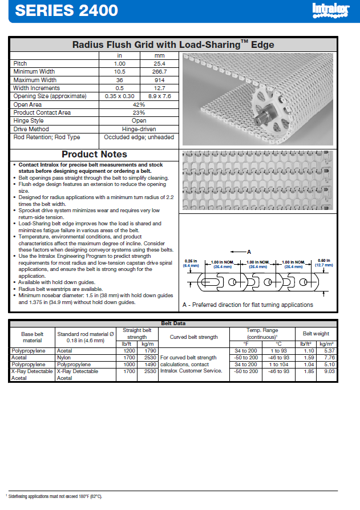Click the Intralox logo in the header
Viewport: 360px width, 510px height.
pos(329,10)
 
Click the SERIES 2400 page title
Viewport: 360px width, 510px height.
pos(67,10)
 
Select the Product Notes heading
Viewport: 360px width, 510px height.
pos(94,155)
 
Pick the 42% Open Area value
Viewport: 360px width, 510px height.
pos(139,104)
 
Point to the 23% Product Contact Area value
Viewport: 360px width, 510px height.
pos(139,112)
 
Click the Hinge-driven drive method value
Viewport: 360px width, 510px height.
pos(139,129)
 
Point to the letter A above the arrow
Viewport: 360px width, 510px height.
pos(249,252)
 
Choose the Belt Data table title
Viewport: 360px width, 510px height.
pos(174,323)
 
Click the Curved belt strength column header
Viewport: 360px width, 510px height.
pos(193,337)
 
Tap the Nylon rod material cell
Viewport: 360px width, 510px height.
pos(63,358)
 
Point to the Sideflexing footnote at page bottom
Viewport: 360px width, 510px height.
pos(55,497)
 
